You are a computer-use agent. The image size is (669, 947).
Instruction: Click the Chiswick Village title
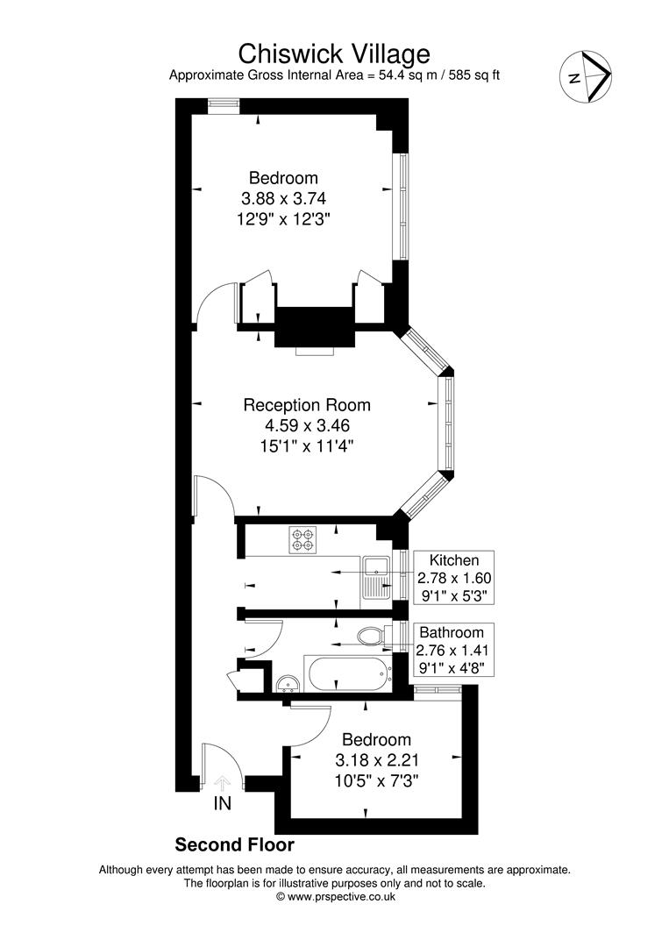tap(334, 53)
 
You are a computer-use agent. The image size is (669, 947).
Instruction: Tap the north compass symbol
tap(587, 76)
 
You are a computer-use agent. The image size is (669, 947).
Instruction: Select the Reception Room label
tap(306, 405)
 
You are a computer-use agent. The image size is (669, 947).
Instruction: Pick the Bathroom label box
tap(451, 650)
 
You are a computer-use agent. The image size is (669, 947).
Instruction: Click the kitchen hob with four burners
tap(303, 539)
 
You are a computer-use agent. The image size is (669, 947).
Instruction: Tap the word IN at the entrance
tap(223, 803)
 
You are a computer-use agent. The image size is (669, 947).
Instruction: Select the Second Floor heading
tap(234, 845)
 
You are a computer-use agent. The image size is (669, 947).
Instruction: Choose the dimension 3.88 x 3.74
tap(281, 198)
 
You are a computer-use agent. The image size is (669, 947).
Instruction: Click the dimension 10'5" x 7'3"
tap(375, 780)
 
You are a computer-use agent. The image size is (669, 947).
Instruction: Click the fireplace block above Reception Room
tap(314, 327)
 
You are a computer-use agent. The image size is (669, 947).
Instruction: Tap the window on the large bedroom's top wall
tap(224, 103)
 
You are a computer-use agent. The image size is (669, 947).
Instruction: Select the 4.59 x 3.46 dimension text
tap(306, 426)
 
